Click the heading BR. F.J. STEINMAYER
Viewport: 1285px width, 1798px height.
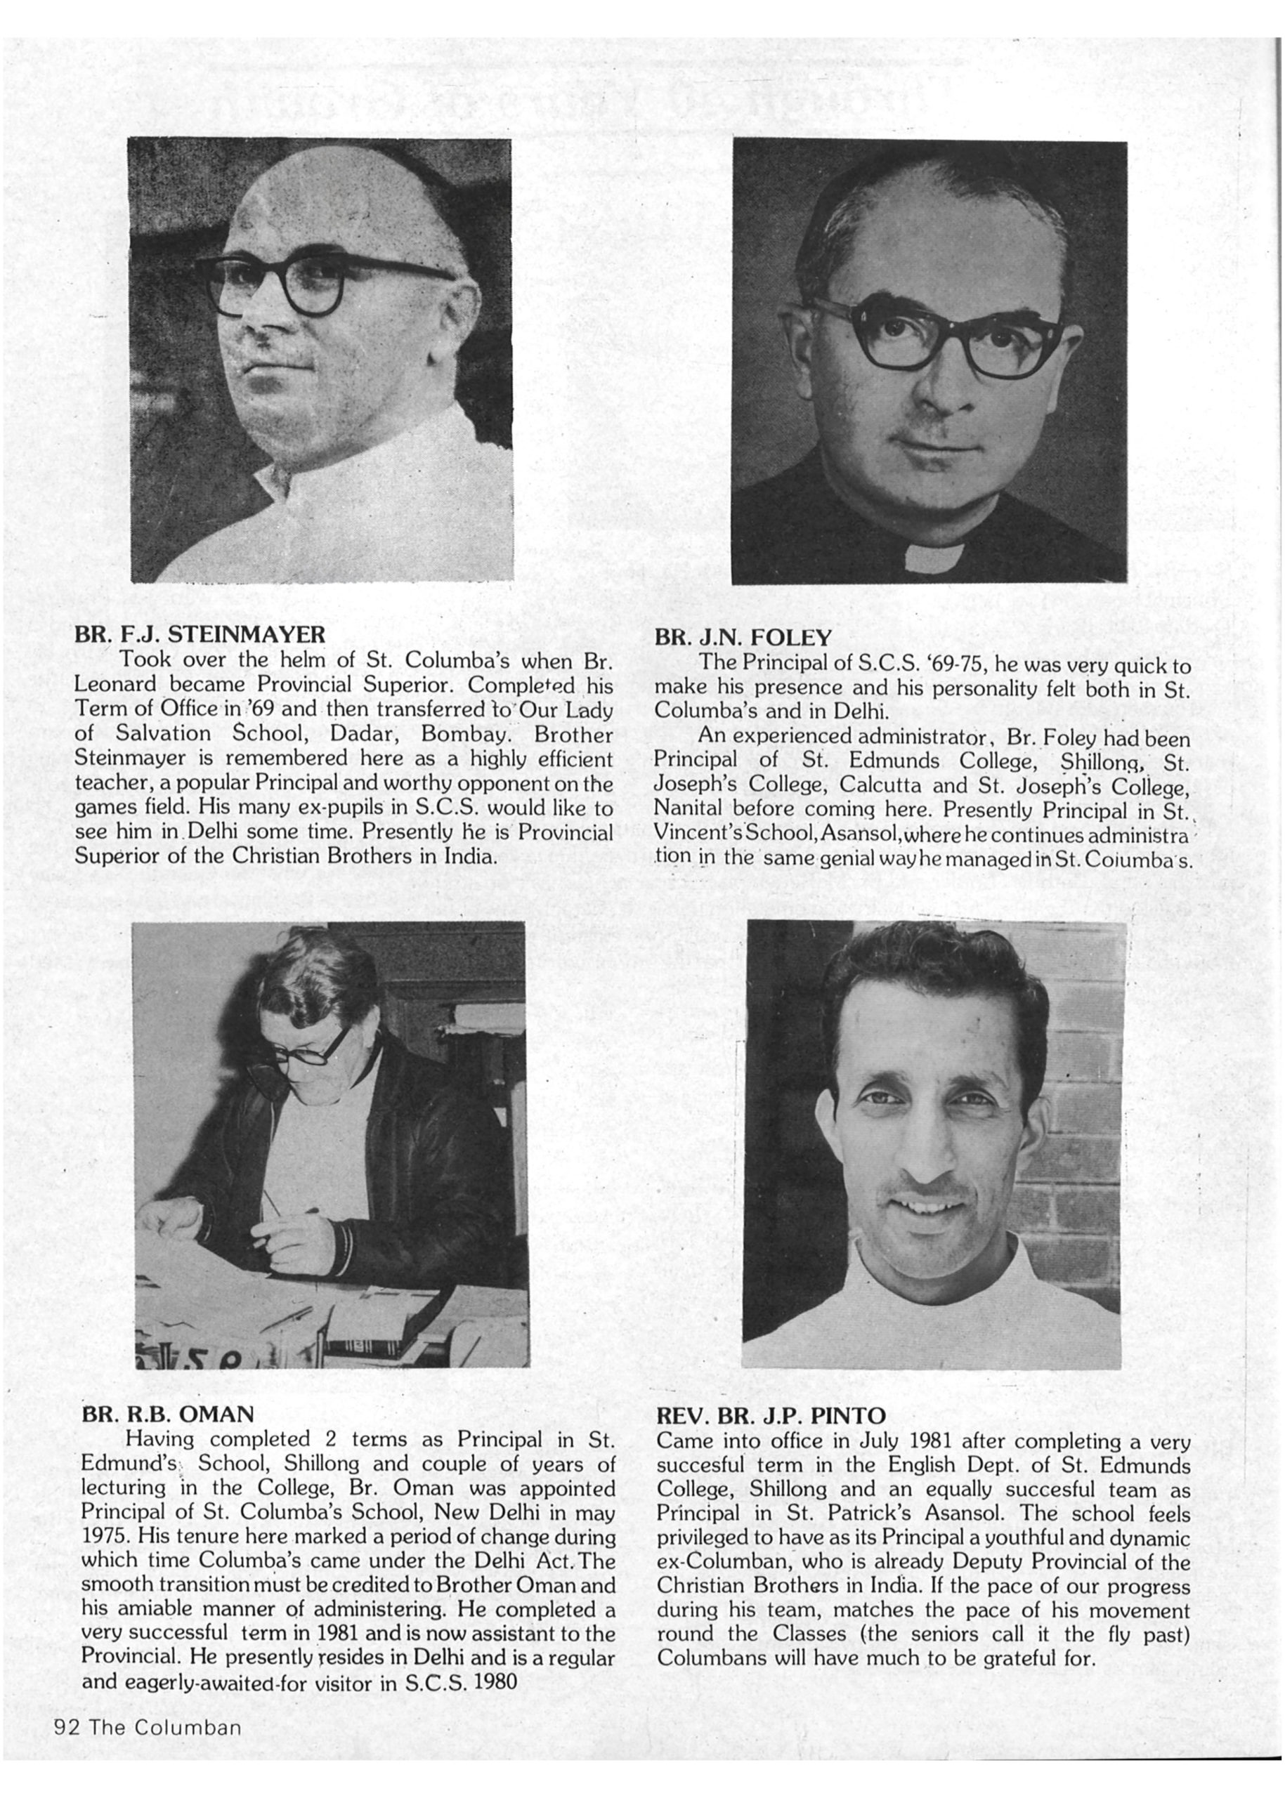click(x=200, y=634)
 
